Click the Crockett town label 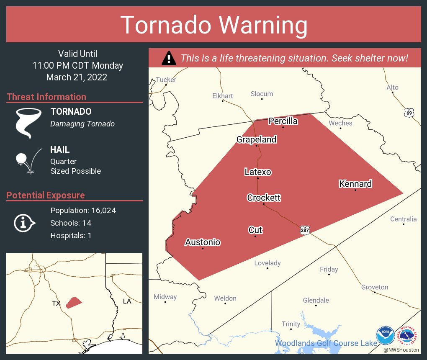(264, 198)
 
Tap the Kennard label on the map (355, 184)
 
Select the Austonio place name (203, 242)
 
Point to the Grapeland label (256, 139)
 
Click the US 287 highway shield (305, 230)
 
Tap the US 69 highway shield (409, 113)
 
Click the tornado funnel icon (28, 122)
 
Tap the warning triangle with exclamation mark (169, 58)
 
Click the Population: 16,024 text (83, 210)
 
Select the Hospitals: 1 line (71, 235)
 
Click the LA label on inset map (127, 301)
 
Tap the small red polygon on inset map (74, 302)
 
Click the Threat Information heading (46, 97)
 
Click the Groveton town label (375, 287)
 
